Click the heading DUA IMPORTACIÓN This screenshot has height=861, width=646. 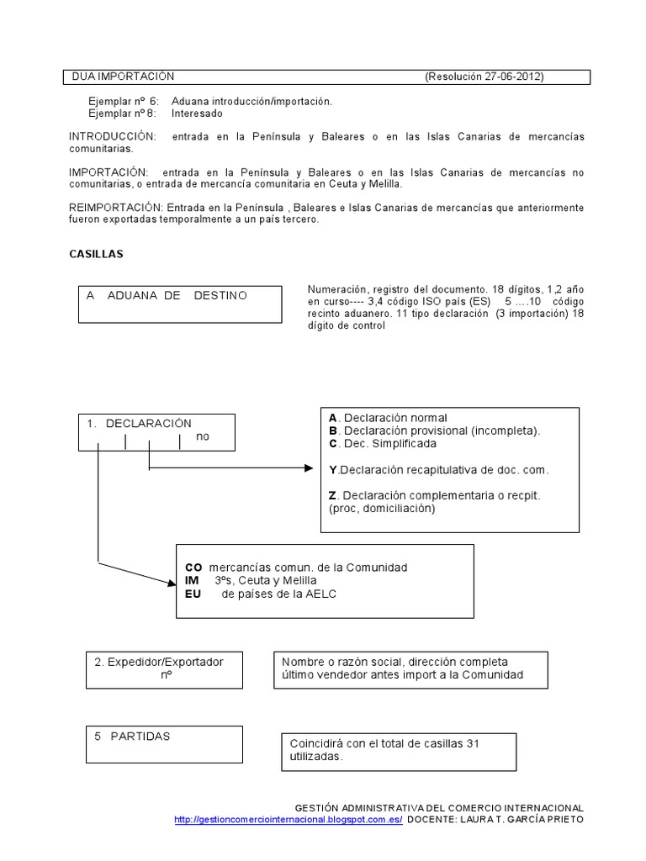point(123,77)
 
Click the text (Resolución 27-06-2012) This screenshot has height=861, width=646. point(484,77)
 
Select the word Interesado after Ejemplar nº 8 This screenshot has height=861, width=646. point(198,113)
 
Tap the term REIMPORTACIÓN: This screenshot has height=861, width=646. point(115,207)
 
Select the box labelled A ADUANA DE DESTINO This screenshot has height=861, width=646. point(179,304)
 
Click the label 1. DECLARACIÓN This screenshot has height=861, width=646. point(140,423)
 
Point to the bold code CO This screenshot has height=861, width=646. point(193,568)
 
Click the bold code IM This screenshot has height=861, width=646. point(192,581)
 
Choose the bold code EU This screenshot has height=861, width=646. point(193,594)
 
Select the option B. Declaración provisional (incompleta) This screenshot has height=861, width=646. point(434,430)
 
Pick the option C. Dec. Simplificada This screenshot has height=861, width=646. point(383,443)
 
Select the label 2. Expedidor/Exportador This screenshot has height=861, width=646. point(159,662)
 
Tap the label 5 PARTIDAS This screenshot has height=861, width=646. point(132,736)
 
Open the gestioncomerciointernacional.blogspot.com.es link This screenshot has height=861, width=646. point(289,819)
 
